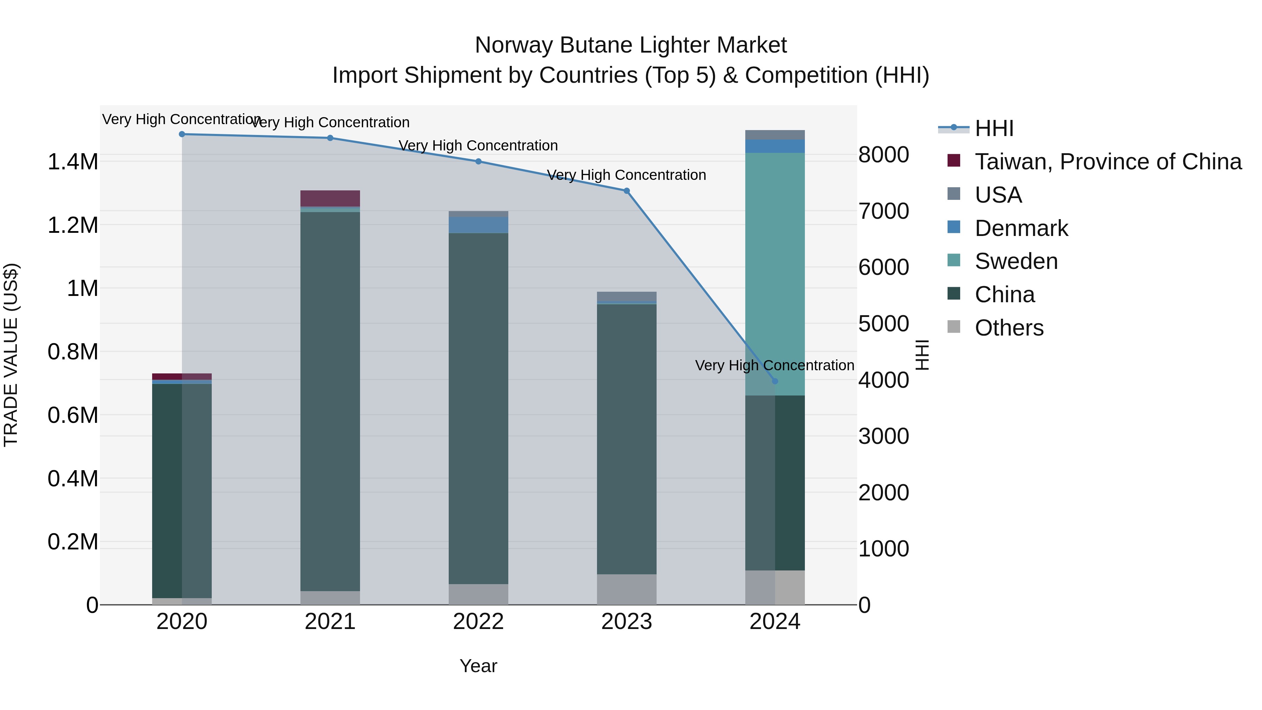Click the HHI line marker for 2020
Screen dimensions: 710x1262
(x=182, y=134)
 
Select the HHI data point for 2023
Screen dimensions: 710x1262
(x=626, y=191)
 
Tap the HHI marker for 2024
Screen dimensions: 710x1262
(x=774, y=381)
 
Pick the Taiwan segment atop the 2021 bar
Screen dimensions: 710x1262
(x=330, y=198)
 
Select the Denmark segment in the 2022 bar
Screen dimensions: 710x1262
(x=478, y=225)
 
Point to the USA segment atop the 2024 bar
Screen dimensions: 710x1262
(x=774, y=135)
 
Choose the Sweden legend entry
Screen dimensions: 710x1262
(x=1016, y=261)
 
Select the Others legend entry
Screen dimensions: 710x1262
(x=1009, y=328)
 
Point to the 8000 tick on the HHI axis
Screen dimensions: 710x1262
(x=884, y=155)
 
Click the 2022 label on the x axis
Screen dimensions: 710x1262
(x=478, y=622)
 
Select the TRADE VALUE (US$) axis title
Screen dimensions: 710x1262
(x=11, y=355)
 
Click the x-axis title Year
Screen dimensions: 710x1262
(x=478, y=666)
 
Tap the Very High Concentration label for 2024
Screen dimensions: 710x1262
(x=774, y=366)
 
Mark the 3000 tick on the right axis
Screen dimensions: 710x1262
(x=884, y=436)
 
